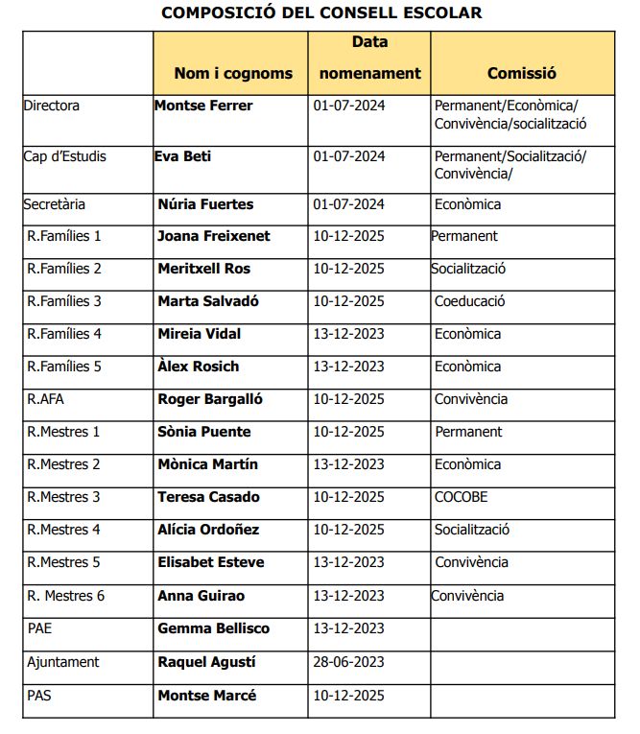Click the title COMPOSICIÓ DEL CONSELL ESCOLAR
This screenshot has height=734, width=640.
point(321,12)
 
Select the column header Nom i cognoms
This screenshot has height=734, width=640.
point(233,73)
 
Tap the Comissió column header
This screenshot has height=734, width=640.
point(521,73)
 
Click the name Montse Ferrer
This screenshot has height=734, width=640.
point(203,106)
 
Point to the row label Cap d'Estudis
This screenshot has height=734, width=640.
point(64,156)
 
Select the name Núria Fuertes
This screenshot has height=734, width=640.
point(205,203)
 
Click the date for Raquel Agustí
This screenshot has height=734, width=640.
point(348,662)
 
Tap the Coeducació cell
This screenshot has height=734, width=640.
point(469,301)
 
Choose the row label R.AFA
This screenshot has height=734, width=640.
point(47,399)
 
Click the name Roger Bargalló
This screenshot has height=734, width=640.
point(210,399)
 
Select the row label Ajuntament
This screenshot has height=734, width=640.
point(63,662)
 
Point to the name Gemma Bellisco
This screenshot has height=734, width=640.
point(213,628)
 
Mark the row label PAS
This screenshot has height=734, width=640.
point(39,696)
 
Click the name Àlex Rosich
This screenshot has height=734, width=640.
point(199,367)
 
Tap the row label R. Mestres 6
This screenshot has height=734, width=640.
point(65,596)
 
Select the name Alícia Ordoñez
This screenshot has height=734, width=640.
point(208,530)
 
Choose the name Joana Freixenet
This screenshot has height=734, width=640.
point(213,236)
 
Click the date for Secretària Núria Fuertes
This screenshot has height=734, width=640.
point(348,203)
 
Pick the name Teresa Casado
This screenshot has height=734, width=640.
point(208,497)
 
